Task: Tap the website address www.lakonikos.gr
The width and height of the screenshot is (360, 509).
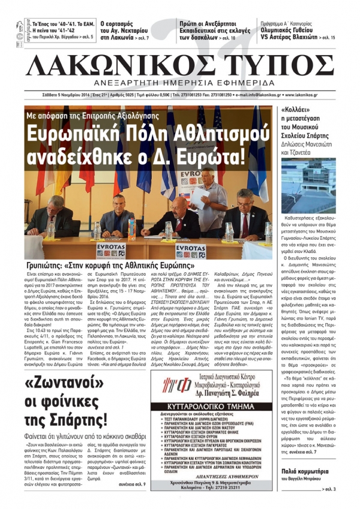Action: coord(324,95)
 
